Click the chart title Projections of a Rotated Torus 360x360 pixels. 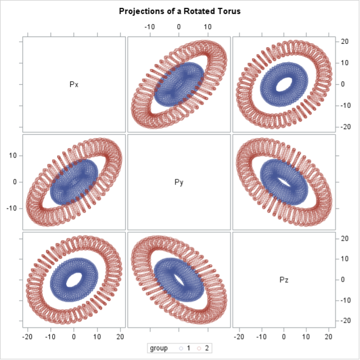[180, 11]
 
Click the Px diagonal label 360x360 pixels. [74, 84]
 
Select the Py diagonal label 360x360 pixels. [179, 182]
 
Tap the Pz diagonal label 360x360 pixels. [284, 280]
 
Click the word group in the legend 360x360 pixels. [159, 348]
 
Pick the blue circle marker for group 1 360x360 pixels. [181, 348]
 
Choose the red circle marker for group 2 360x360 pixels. [200, 348]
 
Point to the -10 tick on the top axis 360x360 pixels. [149, 27]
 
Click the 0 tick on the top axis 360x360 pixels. [179, 27]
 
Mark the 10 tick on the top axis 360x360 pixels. [208, 27]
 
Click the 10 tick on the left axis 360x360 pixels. [14, 156]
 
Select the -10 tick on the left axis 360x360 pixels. [12, 208]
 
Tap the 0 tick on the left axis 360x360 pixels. [15, 182]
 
